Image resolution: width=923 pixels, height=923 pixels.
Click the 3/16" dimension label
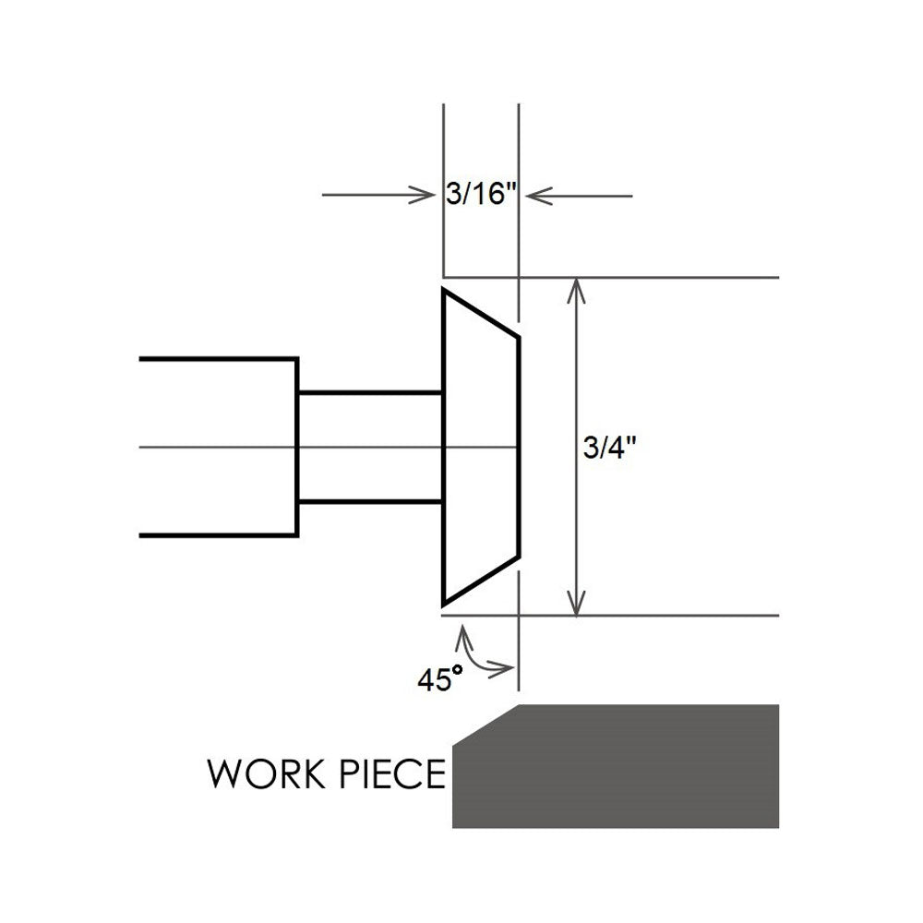pos(480,196)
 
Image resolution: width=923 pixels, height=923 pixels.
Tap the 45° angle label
pos(439,681)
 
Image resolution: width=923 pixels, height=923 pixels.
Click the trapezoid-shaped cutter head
pos(480,448)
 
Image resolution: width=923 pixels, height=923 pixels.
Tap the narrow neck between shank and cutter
pos(369,448)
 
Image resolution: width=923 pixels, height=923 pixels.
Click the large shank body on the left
pos(217,448)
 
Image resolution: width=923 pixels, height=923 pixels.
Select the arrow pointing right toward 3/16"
pos(378,196)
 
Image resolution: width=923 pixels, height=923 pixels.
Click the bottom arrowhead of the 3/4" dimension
pos(577,605)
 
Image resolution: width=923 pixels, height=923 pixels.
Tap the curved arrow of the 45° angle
pos(480,655)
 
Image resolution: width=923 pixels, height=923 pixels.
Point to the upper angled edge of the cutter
pos(481,314)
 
